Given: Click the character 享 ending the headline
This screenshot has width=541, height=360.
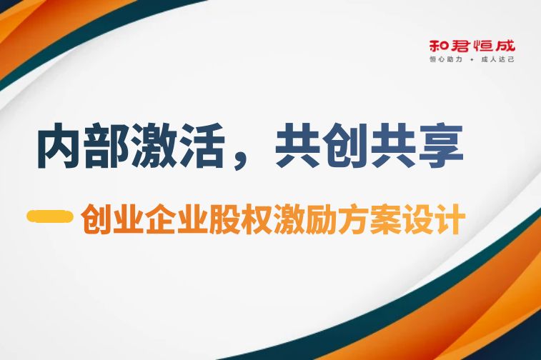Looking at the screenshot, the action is [x=441, y=145].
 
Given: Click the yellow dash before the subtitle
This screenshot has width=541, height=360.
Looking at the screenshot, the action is [x=50, y=216].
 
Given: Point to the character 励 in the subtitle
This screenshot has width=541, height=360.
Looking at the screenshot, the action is [x=321, y=219].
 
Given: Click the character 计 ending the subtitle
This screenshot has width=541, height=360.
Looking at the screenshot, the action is [x=449, y=219].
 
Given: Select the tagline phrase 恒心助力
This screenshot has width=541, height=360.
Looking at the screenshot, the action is [x=445, y=59].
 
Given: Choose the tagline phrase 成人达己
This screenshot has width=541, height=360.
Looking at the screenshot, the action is [x=498, y=59].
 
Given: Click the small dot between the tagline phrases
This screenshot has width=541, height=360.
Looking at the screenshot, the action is [x=472, y=60].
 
